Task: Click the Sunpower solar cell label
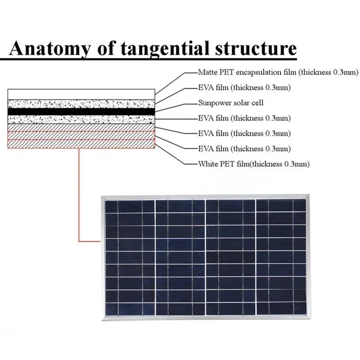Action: point(230,103)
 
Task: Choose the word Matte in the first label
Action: point(207,72)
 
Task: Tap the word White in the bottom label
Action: point(207,164)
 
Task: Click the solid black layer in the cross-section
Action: point(81,111)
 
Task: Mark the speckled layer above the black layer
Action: point(81,103)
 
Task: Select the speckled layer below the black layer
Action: point(81,119)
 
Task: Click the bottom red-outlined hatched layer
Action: point(81,144)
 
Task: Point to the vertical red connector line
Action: point(79,193)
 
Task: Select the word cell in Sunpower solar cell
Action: point(258,103)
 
